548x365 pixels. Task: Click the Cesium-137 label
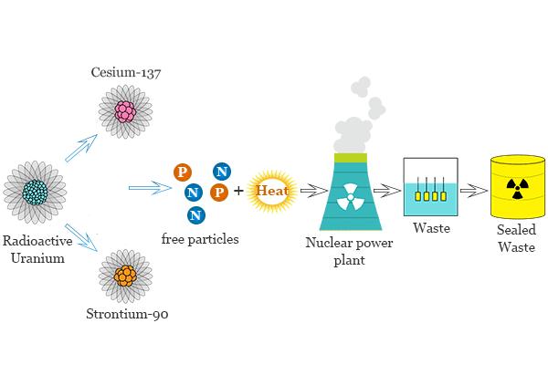pos(126,72)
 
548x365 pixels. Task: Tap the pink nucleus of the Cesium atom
pos(125,111)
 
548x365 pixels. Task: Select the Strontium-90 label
pos(127,313)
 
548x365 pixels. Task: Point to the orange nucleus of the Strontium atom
pos(125,276)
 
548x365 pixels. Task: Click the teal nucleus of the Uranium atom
pos(36,193)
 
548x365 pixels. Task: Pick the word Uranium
pos(37,258)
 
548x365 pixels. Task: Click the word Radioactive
pos(37,241)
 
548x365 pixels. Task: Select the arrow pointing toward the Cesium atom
pos(81,148)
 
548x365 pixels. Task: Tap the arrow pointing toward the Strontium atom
pos(81,237)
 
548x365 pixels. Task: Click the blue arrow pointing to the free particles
pos(151,188)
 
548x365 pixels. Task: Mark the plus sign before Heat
pos(238,191)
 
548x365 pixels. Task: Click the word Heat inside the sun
pos(272,191)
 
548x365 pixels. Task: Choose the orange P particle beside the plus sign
pos(219,193)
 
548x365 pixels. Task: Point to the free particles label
pos(200,239)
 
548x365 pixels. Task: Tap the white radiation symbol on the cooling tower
pos(350,197)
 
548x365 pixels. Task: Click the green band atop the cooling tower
pos(351,158)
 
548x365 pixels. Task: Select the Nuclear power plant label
pos(349,251)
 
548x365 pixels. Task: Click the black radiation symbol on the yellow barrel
pos(518,189)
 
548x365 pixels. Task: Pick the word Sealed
pos(516,229)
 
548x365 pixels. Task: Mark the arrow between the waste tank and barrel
pos(474,191)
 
